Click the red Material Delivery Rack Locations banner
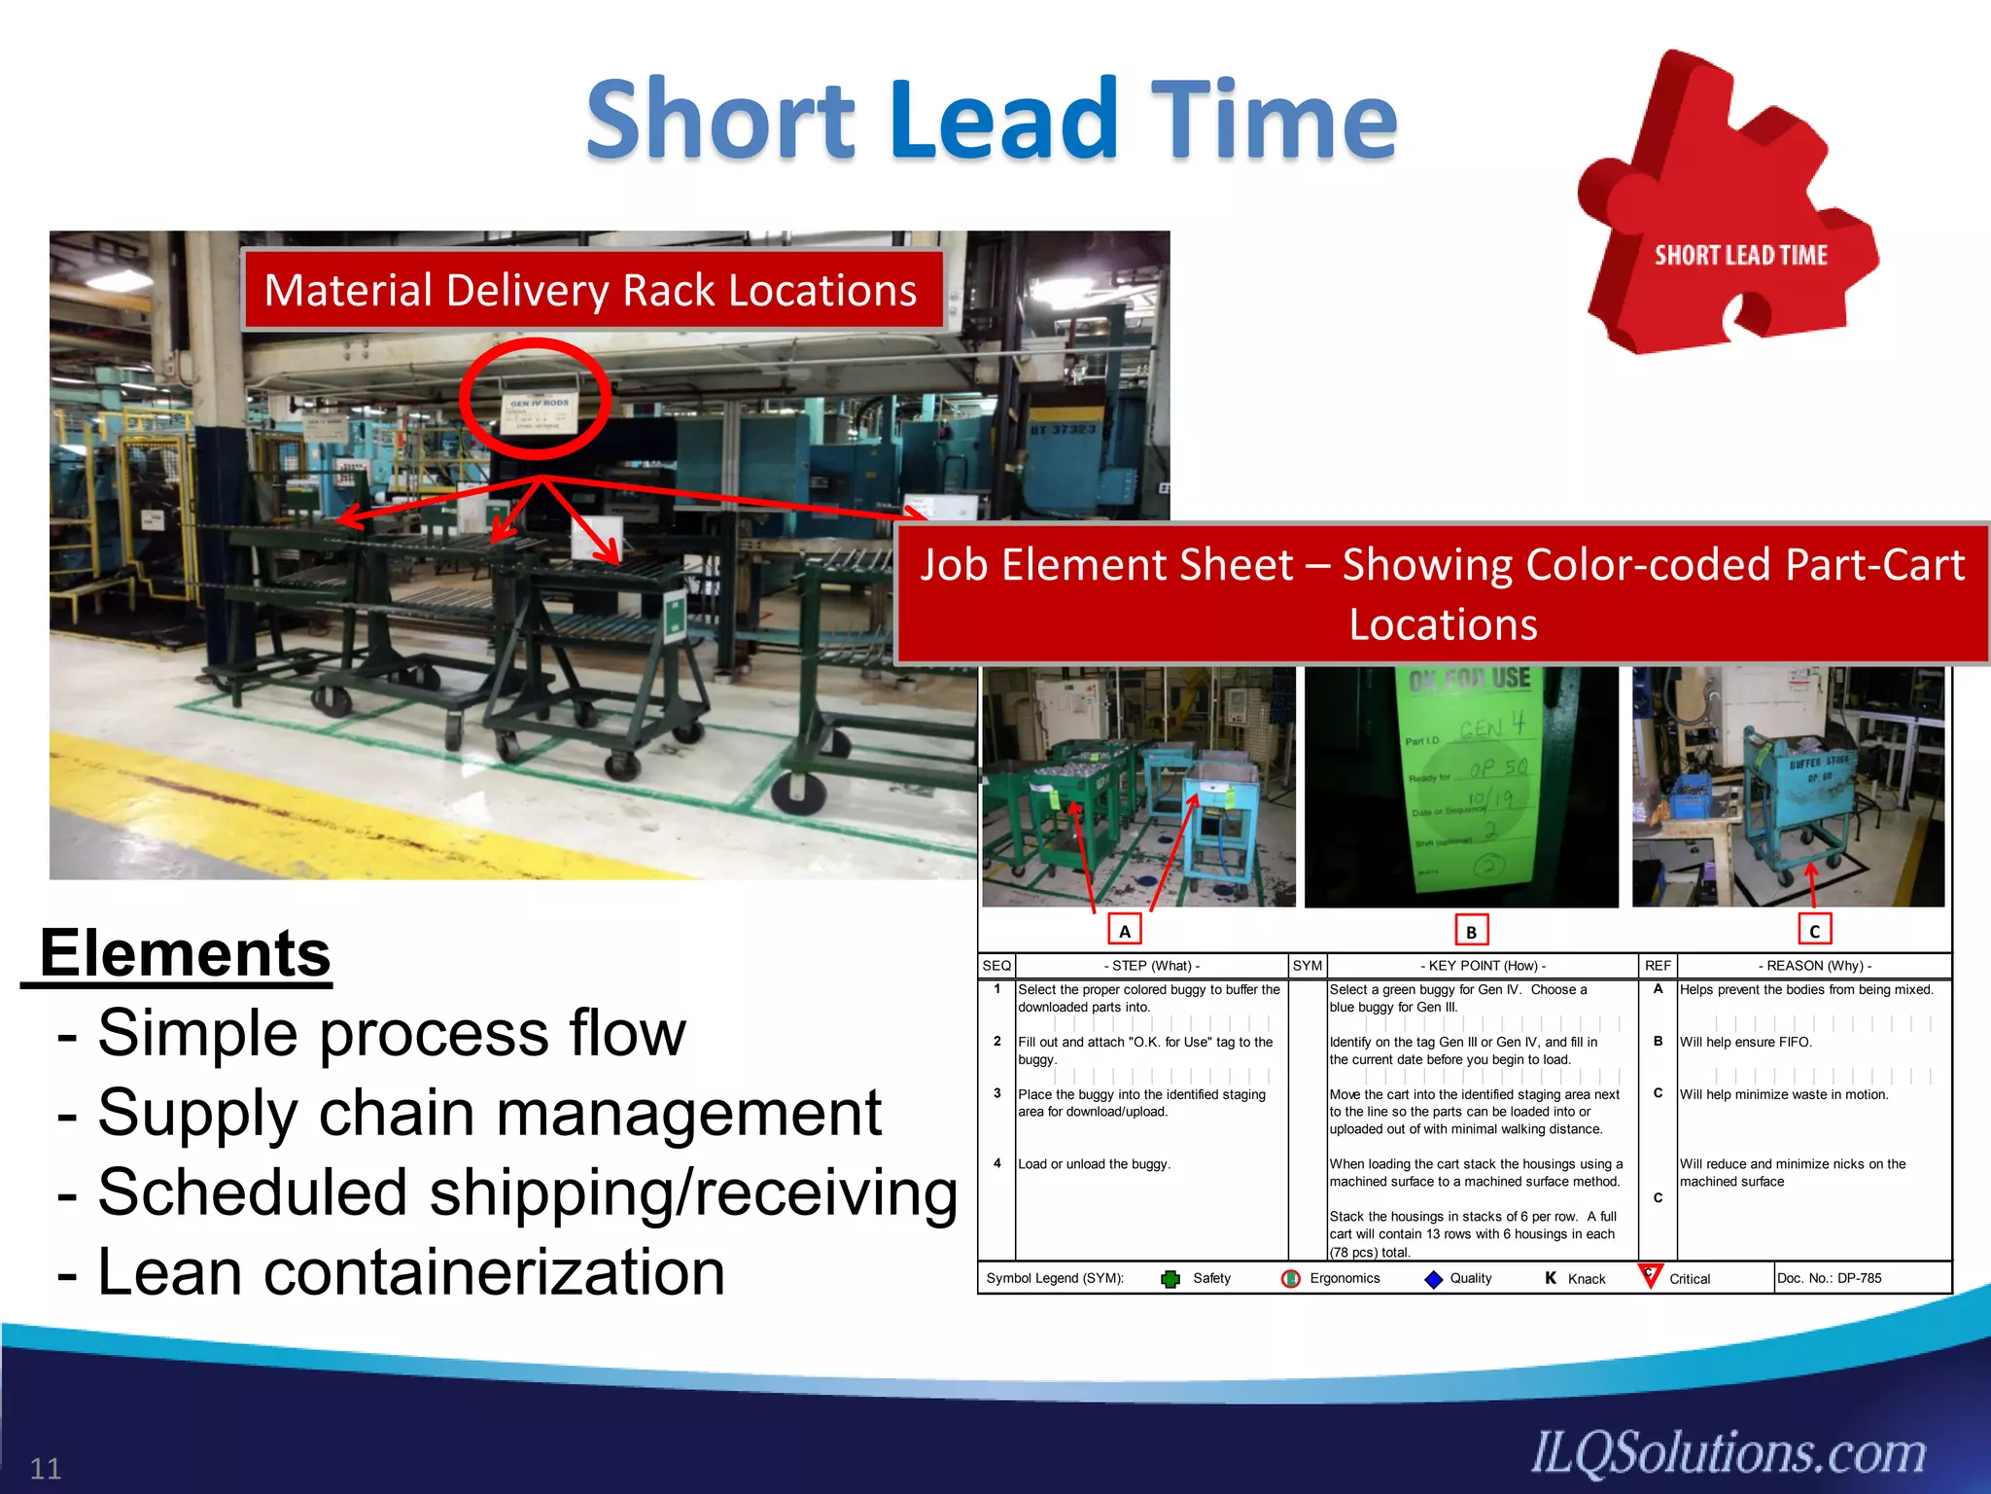click(591, 290)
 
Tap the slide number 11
click(46, 1468)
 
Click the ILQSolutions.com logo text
click(1728, 1453)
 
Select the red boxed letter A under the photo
click(1124, 931)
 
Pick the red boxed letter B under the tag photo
click(1471, 931)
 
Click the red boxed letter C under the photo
click(1814, 930)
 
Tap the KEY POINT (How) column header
click(1482, 966)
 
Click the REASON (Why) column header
click(1814, 966)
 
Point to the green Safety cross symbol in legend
click(1170, 1279)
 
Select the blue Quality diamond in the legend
click(1433, 1279)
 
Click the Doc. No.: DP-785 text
click(1829, 1278)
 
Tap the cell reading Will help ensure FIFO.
click(1745, 1042)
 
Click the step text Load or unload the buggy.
click(1094, 1164)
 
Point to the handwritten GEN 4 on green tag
click(1492, 727)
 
